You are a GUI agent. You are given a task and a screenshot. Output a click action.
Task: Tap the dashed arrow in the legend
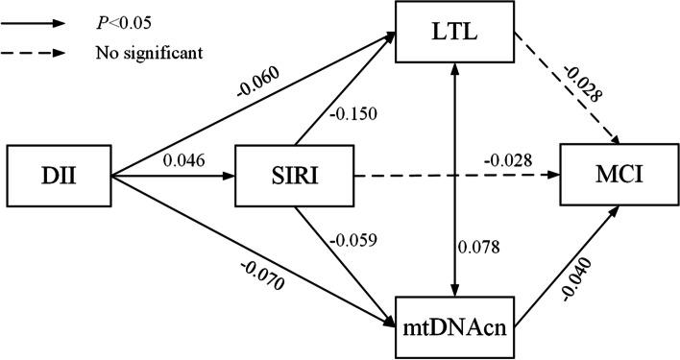tap(43, 53)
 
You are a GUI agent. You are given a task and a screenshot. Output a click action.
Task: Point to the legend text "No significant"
tap(148, 53)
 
